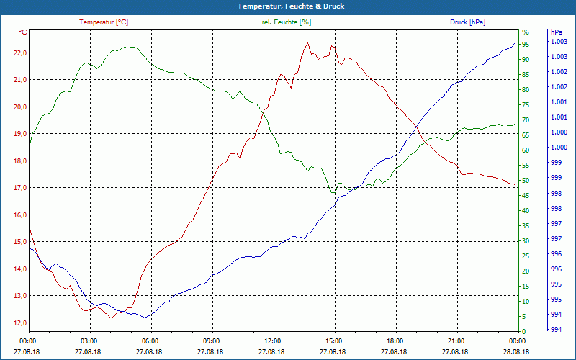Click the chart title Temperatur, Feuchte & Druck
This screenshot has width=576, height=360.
[287, 6]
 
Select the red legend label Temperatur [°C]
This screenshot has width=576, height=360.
[104, 22]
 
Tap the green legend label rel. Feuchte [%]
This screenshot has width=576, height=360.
[287, 22]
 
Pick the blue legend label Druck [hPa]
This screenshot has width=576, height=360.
[467, 22]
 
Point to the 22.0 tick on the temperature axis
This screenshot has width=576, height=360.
[19, 53]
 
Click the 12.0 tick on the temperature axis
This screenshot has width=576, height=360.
[19, 323]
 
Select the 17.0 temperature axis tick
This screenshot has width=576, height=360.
[19, 188]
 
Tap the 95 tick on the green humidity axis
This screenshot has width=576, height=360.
[526, 45]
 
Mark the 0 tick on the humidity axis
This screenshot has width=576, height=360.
[523, 331]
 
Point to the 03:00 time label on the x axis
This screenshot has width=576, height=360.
[89, 341]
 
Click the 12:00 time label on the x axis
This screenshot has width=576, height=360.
[272, 341]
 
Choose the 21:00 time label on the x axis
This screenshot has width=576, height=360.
[456, 341]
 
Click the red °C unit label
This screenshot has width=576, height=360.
[23, 32]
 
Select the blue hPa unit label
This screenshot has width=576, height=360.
[556, 32]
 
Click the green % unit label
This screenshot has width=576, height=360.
[525, 32]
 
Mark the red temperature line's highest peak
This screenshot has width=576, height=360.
[307, 42]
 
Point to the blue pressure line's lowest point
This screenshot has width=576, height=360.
[145, 318]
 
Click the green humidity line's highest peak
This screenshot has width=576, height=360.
[128, 47]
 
